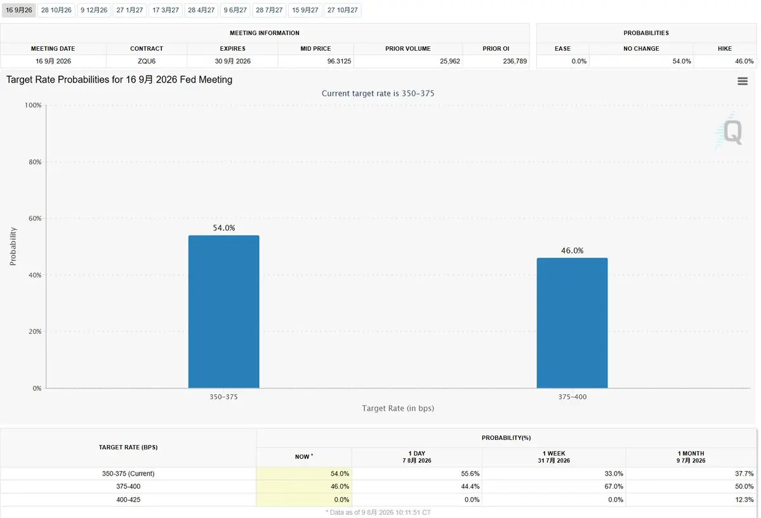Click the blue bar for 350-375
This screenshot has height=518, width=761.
(x=224, y=312)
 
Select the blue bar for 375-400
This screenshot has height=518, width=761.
(x=572, y=323)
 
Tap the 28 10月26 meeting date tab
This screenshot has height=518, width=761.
(x=56, y=10)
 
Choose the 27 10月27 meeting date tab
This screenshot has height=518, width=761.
(x=343, y=10)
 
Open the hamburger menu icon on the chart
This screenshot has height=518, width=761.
(x=743, y=81)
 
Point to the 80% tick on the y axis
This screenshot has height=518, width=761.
(x=35, y=162)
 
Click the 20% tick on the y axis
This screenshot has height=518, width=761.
(x=35, y=331)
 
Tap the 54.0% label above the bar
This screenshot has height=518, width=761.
(x=224, y=228)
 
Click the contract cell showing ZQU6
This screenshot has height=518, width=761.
(x=147, y=61)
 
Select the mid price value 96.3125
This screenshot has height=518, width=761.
(x=339, y=61)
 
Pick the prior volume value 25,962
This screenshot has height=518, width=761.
(x=450, y=61)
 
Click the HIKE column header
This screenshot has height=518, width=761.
(x=725, y=48)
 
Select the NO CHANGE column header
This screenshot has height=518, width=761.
(x=641, y=48)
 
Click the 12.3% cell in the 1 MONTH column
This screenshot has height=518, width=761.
(x=744, y=500)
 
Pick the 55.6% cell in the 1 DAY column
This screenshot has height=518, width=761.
(x=470, y=474)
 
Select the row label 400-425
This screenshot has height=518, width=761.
(x=128, y=500)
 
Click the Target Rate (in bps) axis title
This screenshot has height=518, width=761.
(x=398, y=408)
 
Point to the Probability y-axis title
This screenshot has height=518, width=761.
(x=13, y=246)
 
